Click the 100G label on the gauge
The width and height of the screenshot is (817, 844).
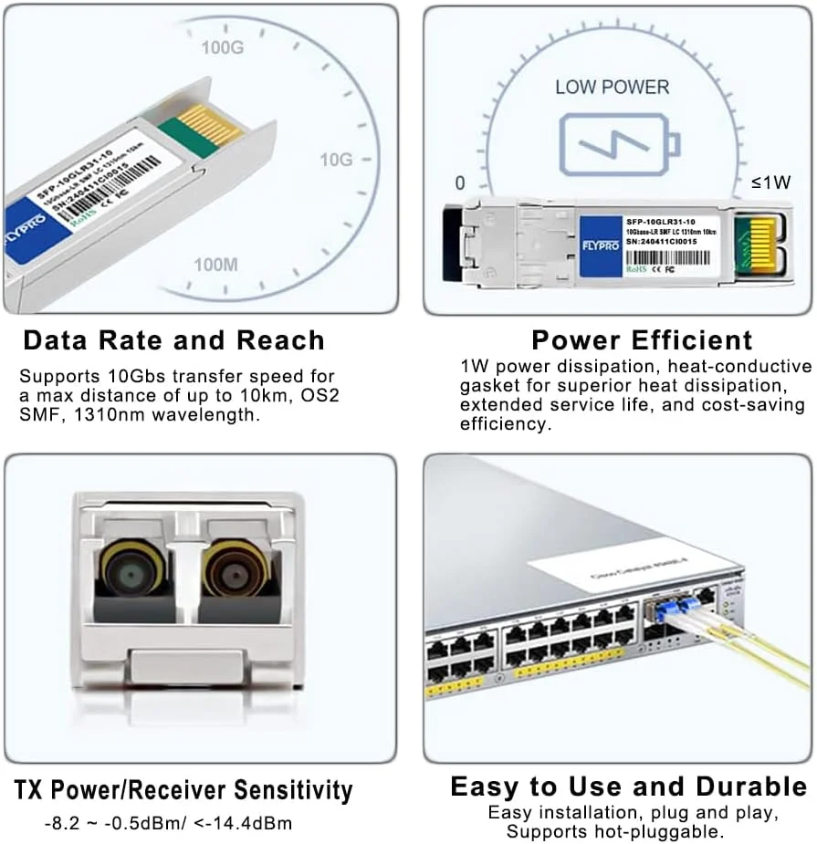[223, 48]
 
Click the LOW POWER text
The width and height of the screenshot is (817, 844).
[613, 88]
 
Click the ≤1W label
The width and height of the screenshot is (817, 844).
[771, 182]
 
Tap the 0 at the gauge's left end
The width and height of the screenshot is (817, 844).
[459, 182]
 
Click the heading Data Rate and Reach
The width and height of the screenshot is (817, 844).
[173, 340]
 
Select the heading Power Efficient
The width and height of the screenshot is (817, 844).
[642, 340]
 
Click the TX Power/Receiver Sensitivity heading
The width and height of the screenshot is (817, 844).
[183, 789]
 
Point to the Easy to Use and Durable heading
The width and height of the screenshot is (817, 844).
[629, 787]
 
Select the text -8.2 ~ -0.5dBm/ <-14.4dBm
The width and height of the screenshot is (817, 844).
[168, 824]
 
